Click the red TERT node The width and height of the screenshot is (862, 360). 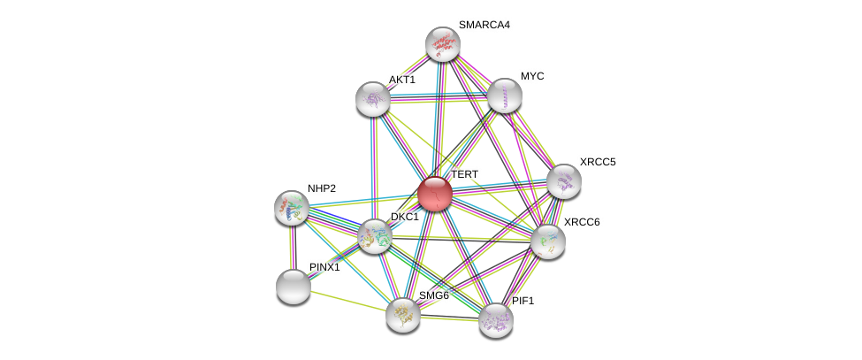(x=434, y=194)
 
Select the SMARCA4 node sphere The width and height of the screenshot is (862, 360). (x=442, y=44)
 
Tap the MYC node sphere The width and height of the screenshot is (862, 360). (x=504, y=96)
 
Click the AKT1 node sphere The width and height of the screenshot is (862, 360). (x=373, y=98)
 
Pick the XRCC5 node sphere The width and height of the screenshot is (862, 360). (x=563, y=181)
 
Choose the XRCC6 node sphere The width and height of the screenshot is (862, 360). (x=547, y=241)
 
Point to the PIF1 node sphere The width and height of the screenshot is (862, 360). (x=495, y=319)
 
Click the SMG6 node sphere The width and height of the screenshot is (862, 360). (x=402, y=314)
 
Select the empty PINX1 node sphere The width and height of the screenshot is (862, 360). (x=294, y=286)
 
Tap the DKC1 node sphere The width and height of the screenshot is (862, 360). (x=375, y=235)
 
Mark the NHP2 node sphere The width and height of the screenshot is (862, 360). (x=292, y=208)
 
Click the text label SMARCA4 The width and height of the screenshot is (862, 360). (x=484, y=25)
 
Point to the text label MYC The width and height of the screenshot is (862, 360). (x=532, y=76)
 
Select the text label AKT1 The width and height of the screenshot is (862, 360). (x=401, y=80)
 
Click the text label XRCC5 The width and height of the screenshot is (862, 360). (x=598, y=162)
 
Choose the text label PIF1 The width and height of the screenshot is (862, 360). (x=523, y=301)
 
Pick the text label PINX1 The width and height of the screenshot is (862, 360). (x=324, y=267)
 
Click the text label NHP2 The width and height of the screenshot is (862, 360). (x=322, y=188)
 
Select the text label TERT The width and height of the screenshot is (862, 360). (x=464, y=175)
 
